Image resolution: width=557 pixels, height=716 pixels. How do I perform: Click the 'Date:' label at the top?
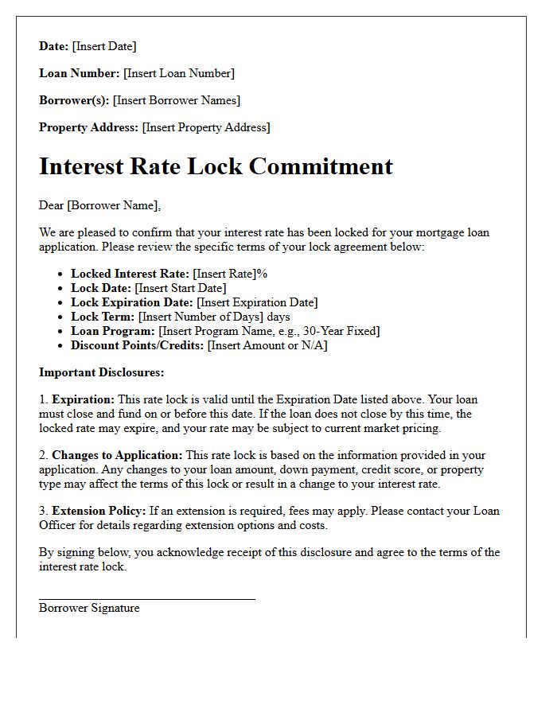point(53,46)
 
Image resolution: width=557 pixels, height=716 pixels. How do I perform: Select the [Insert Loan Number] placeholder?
point(179,73)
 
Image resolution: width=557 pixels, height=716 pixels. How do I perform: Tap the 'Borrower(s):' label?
point(74,100)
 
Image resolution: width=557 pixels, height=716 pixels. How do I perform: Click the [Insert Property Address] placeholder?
point(206,127)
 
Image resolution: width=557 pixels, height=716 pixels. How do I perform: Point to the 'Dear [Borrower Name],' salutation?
point(99,205)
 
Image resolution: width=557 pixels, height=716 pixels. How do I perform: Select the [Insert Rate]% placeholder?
point(230,274)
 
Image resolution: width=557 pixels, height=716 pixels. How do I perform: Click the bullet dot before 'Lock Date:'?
point(60,289)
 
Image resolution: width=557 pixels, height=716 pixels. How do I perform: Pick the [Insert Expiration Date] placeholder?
point(257,302)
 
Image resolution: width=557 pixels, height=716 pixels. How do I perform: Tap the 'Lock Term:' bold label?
point(103,317)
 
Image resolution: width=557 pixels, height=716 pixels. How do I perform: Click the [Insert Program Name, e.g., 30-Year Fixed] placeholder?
point(269,331)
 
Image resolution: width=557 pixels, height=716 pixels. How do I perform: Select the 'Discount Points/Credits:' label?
point(138,345)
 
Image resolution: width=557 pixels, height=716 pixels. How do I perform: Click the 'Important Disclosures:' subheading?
point(102,372)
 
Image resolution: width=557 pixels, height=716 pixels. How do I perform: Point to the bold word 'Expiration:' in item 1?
point(84,399)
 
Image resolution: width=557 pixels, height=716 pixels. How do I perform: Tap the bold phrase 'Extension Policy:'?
point(99,511)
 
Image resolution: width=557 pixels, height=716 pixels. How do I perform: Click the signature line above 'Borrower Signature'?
point(147,598)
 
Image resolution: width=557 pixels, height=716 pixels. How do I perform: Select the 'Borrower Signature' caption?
point(89,608)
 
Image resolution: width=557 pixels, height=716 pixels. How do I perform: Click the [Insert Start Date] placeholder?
point(181,288)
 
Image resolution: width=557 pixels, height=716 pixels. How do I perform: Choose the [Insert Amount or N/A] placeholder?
point(267,345)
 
